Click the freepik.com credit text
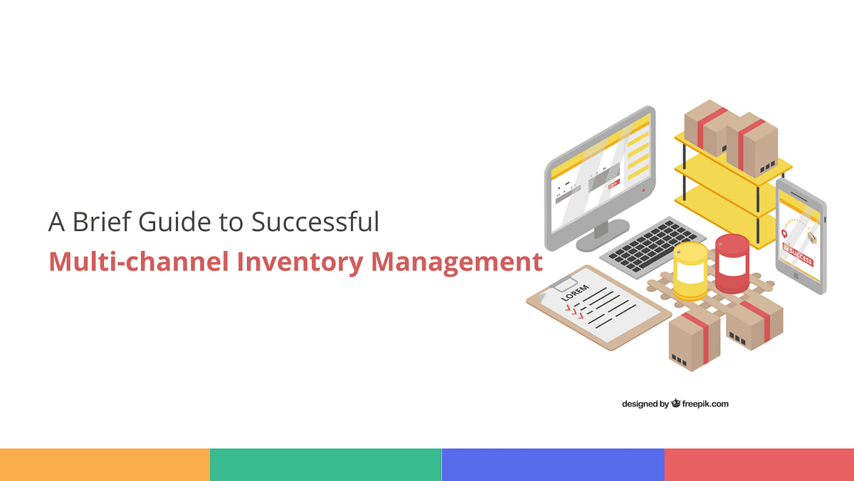click(x=705, y=404)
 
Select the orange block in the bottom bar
click(x=105, y=465)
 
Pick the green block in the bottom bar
click(x=325, y=465)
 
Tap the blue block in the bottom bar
click(x=553, y=465)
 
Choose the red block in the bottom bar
click(x=759, y=465)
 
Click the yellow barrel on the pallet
click(x=690, y=271)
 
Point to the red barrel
click(x=732, y=264)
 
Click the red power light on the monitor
click(x=643, y=191)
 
